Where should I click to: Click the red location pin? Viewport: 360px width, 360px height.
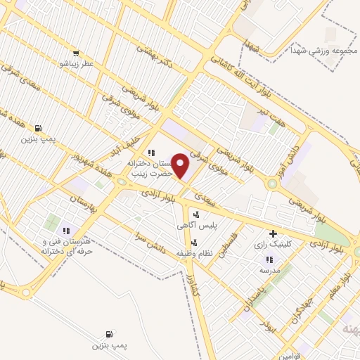point(181,166)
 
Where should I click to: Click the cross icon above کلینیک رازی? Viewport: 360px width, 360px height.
point(274,234)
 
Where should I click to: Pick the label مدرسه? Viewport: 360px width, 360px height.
point(270,270)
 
